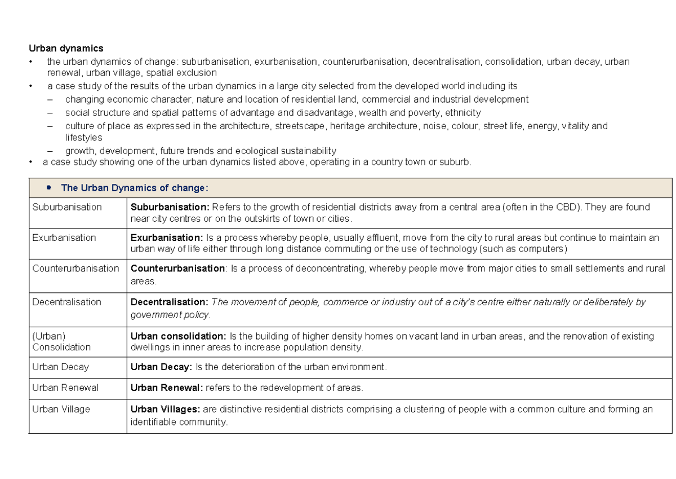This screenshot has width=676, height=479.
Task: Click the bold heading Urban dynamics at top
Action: pos(66,49)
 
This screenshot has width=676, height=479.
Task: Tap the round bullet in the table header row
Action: pos(50,187)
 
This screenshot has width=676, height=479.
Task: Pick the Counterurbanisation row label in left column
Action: pos(75,268)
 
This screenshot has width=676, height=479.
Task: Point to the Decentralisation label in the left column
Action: pos(66,302)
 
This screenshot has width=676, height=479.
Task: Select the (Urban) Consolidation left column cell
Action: pos(61,341)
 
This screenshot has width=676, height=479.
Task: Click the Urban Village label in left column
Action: pos(61,409)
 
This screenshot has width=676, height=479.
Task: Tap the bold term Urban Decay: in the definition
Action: pos(161,367)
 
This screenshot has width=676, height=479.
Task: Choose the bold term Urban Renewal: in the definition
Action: pos(167,388)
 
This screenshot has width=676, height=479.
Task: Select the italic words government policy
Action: pos(170,314)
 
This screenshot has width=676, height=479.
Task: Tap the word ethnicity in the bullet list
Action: pos(462,112)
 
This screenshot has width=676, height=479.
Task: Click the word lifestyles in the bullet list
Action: pos(83,138)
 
